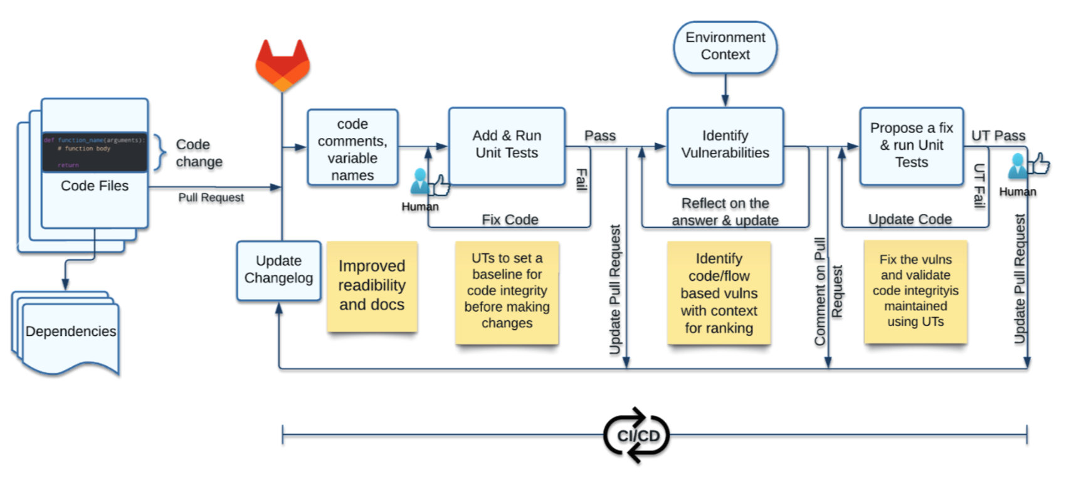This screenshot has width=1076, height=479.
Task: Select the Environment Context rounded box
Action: pos(725,47)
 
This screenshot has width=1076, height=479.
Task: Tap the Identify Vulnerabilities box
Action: pos(725,145)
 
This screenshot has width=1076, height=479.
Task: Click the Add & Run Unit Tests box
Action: pos(507,145)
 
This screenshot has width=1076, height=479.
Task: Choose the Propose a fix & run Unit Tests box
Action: pos(911,145)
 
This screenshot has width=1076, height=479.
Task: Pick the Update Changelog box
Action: pos(278,270)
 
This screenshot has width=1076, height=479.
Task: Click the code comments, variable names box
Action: pos(352,148)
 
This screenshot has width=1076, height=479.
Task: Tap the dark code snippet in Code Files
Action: pos(94,152)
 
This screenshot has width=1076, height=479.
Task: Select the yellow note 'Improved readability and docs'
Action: pos(372,286)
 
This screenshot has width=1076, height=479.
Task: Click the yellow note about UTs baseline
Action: pos(507,292)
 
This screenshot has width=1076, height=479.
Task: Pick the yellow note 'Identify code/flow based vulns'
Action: pos(719,293)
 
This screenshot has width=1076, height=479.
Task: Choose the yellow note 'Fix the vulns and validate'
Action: pos(915,292)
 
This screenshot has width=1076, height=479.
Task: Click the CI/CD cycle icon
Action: pos(637,435)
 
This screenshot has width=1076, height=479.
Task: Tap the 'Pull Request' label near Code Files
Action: pos(211,197)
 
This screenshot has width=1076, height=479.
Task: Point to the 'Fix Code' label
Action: pos(510,219)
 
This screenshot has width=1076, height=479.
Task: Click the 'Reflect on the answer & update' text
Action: pos(725,212)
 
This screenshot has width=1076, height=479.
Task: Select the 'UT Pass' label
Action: pos(998,136)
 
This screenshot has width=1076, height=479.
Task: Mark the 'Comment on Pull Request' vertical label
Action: pos(828,292)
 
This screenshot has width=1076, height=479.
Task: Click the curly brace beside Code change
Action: pos(161,152)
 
